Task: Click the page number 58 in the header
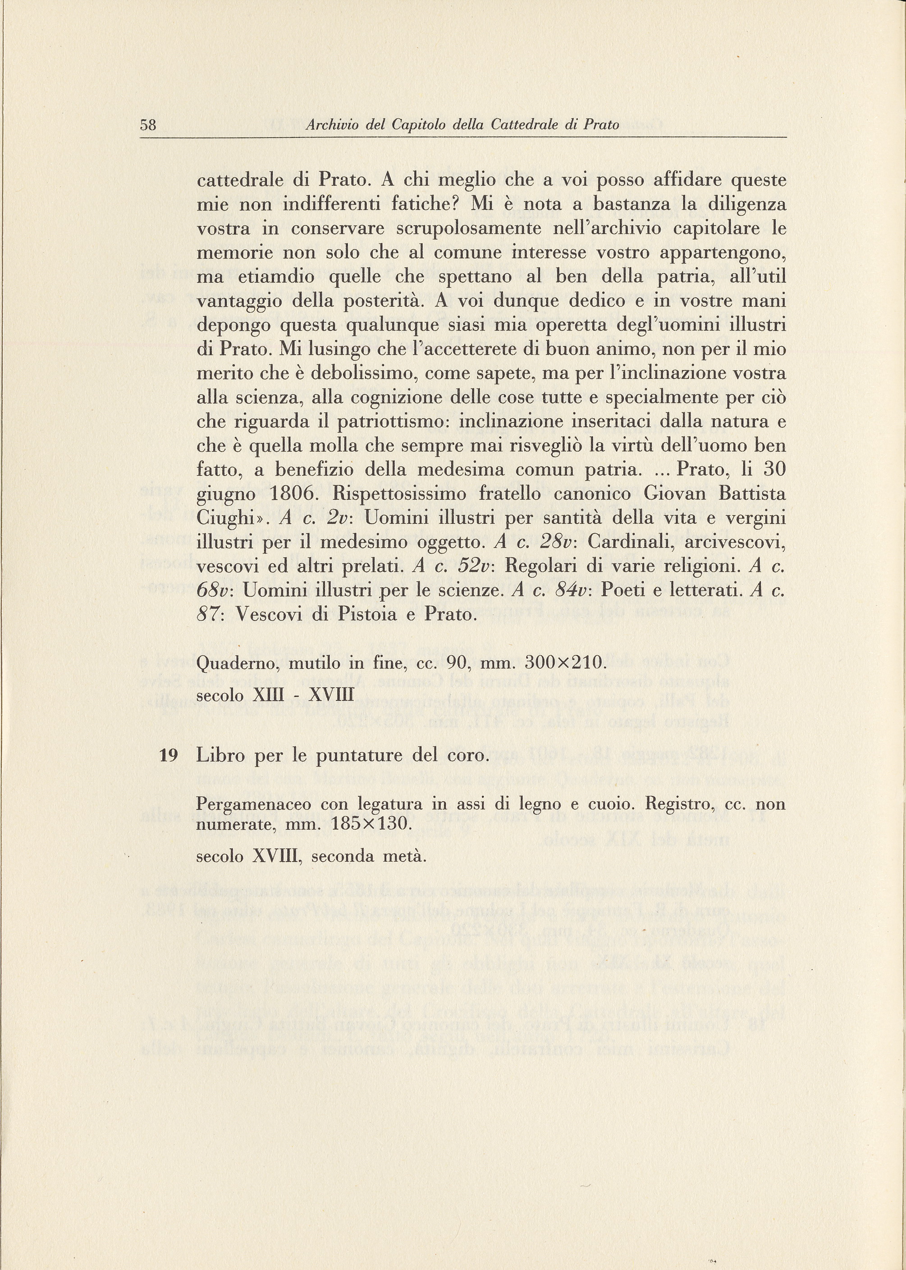click(148, 125)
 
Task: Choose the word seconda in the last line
click(340, 856)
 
